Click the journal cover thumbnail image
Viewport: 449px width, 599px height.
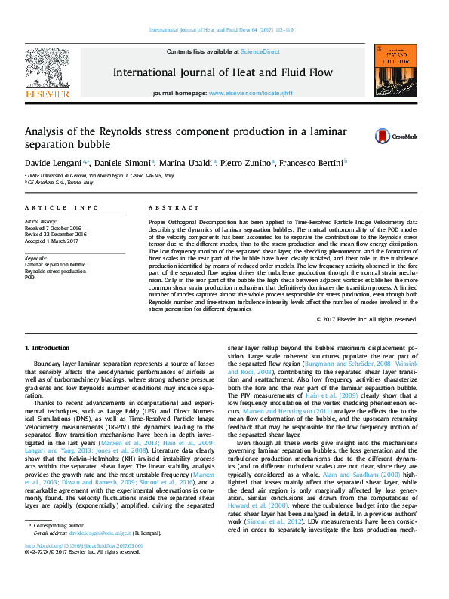(x=395, y=71)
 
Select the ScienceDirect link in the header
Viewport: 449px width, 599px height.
(x=260, y=51)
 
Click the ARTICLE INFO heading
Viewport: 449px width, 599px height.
(x=62, y=207)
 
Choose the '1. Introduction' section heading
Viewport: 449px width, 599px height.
(x=48, y=348)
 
